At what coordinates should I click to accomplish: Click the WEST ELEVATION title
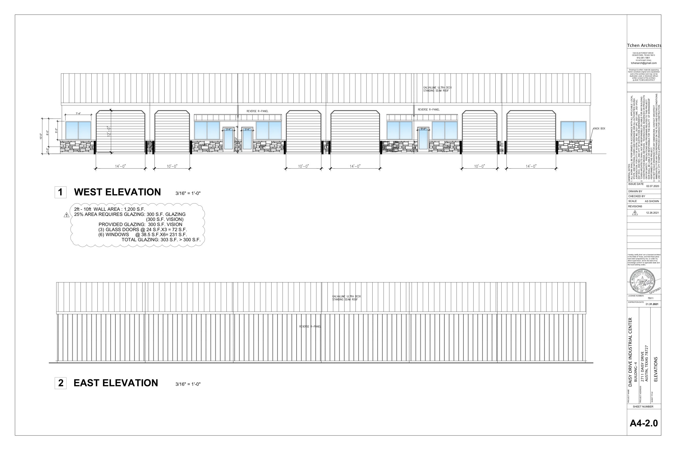point(117,192)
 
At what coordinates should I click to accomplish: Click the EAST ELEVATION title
point(116,383)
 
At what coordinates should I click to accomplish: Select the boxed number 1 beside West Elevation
point(60,192)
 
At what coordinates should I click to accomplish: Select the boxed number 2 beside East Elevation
point(60,383)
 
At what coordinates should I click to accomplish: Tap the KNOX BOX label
point(599,129)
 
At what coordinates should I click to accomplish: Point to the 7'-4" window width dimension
point(78,114)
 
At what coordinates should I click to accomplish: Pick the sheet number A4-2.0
point(644,423)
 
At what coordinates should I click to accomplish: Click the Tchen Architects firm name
point(644,45)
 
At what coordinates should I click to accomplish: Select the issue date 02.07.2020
point(652,186)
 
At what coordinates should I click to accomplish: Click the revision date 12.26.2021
point(652,213)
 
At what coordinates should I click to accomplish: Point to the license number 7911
point(650,298)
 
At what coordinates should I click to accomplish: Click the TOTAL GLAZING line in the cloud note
point(161,240)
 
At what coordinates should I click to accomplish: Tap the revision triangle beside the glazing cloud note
point(66,215)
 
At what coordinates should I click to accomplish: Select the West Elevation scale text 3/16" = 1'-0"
point(188,193)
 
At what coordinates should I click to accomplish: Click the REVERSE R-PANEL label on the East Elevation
point(310,327)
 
